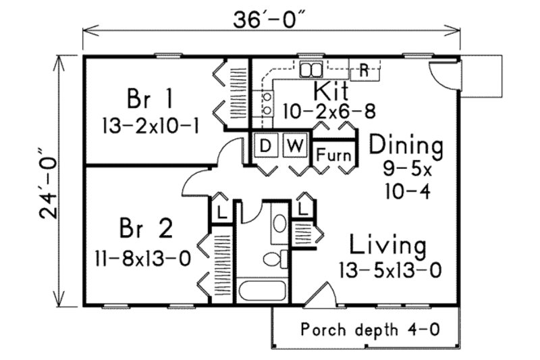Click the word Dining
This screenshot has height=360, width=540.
click(406, 145)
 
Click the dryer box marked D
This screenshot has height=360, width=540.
click(265, 145)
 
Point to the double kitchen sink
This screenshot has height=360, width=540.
click(312, 69)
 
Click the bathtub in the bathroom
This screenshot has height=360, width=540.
click(262, 292)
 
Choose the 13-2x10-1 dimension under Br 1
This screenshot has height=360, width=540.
click(151, 126)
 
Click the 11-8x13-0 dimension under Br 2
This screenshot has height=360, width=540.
click(142, 257)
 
